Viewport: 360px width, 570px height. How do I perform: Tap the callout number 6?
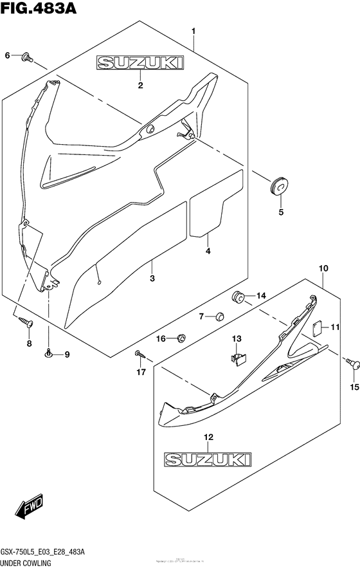(8, 56)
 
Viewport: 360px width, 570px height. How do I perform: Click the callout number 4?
(208, 251)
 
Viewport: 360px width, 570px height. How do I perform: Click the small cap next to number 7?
(220, 316)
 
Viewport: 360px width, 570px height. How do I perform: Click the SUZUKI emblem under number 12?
(208, 459)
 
